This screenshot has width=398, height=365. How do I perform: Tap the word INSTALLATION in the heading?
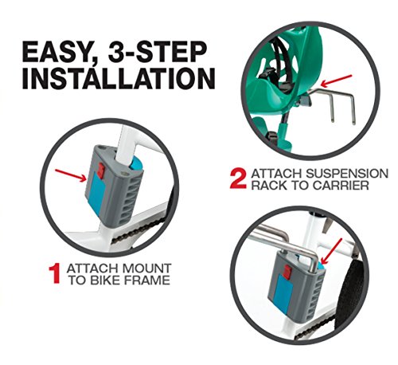(119, 79)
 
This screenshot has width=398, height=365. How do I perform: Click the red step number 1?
(54, 273)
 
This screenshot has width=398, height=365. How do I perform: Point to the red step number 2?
(238, 179)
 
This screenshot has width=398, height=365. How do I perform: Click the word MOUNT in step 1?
(146, 269)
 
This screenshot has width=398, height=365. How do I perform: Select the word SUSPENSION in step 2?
(347, 174)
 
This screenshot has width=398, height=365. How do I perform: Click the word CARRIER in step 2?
(341, 185)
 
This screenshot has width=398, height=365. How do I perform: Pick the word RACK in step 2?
(269, 185)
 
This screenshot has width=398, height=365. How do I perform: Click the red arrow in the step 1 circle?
(71, 175)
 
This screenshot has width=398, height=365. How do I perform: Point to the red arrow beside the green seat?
(336, 80)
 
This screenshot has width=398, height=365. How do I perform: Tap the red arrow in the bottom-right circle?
(331, 251)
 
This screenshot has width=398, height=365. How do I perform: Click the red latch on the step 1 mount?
(100, 171)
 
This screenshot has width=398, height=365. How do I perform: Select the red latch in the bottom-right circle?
(287, 272)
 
